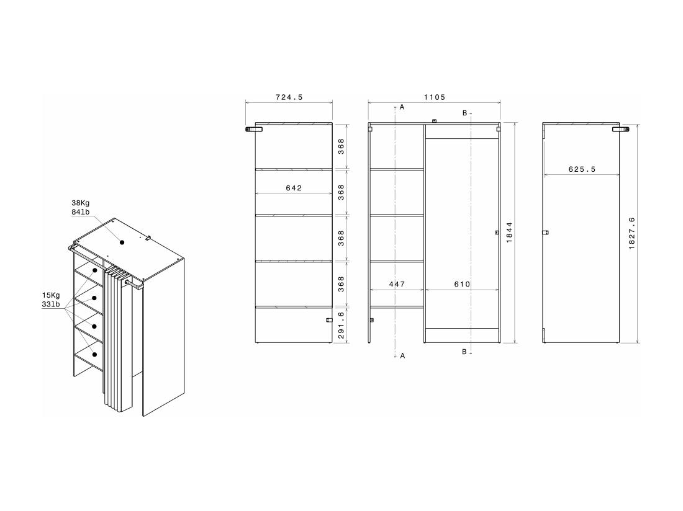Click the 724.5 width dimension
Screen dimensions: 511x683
coord(289,97)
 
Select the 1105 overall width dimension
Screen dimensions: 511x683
coord(434,97)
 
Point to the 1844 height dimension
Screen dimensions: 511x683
coord(509,233)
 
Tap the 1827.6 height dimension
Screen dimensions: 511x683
coord(631,233)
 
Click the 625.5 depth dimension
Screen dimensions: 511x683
coord(582,169)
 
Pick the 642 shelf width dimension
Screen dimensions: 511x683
coord(294,188)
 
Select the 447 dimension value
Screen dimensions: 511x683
coord(397,284)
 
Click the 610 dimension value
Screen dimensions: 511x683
coord(461,284)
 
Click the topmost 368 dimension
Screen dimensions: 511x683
coord(341,146)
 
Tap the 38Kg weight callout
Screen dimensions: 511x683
coord(81,203)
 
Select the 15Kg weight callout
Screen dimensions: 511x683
coord(51,295)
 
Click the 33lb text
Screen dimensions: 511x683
coord(51,304)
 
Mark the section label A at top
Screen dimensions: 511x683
coord(402,107)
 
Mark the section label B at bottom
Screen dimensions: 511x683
coord(464,352)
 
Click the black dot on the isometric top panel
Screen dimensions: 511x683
coord(122,242)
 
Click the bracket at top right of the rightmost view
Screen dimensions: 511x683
coord(620,129)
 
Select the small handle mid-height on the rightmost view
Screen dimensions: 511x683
coord(545,232)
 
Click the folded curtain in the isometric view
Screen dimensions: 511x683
coord(118,341)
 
